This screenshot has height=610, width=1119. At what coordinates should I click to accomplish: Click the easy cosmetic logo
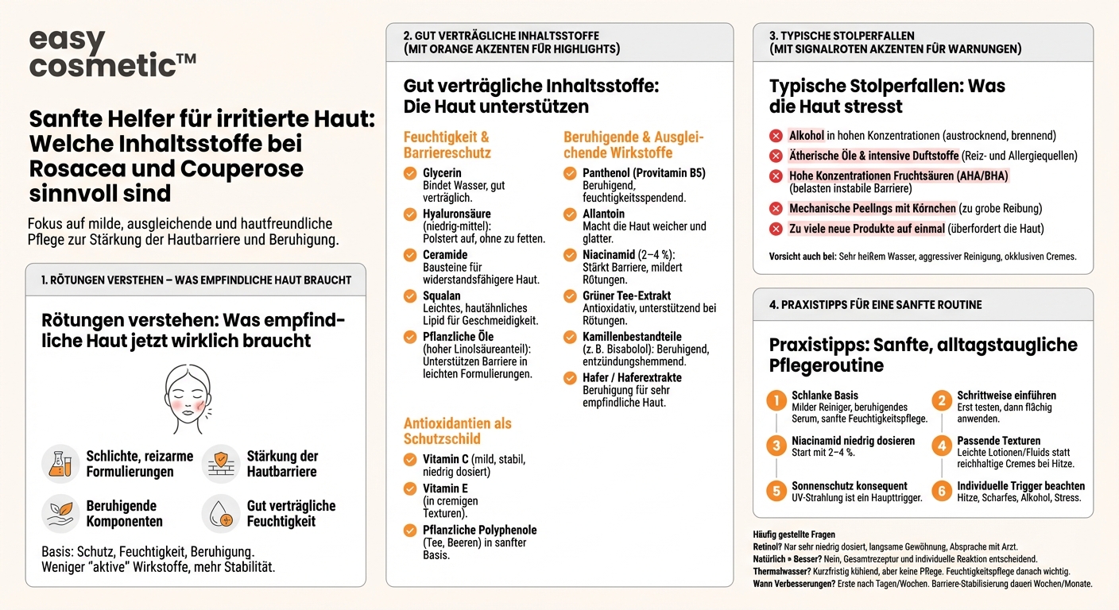pyautogui.click(x=111, y=53)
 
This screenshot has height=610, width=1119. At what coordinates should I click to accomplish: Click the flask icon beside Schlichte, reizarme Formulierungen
pyautogui.click(x=61, y=464)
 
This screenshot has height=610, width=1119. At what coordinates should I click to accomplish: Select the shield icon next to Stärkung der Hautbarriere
pyautogui.click(x=221, y=464)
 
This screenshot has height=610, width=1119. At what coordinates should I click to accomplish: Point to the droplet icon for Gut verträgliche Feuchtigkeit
pyautogui.click(x=221, y=514)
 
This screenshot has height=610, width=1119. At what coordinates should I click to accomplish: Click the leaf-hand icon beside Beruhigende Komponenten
pyautogui.click(x=61, y=514)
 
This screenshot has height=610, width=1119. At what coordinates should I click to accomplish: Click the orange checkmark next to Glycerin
pyautogui.click(x=410, y=173)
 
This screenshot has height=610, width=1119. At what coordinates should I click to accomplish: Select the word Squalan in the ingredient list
pyautogui.click(x=442, y=296)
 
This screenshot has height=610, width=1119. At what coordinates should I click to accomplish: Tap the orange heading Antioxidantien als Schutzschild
pyautogui.click(x=457, y=430)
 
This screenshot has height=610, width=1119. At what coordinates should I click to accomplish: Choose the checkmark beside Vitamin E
pyautogui.click(x=410, y=488)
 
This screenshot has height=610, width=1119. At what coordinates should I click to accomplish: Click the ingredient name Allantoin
pyautogui.click(x=603, y=214)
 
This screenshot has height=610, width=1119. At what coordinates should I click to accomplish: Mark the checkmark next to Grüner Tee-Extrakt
pyautogui.click(x=570, y=296)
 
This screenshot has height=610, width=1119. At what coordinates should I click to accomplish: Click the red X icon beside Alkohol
pyautogui.click(x=776, y=136)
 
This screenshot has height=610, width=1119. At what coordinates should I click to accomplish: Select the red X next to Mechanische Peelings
pyautogui.click(x=776, y=209)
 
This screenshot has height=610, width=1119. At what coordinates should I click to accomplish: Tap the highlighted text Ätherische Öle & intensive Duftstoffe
pyautogui.click(x=873, y=156)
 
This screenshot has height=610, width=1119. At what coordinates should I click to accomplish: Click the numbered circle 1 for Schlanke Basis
pyautogui.click(x=776, y=400)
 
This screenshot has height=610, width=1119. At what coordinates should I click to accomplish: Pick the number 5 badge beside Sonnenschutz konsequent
pyautogui.click(x=776, y=491)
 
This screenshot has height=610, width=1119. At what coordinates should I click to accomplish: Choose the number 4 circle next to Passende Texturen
pyautogui.click(x=942, y=446)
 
